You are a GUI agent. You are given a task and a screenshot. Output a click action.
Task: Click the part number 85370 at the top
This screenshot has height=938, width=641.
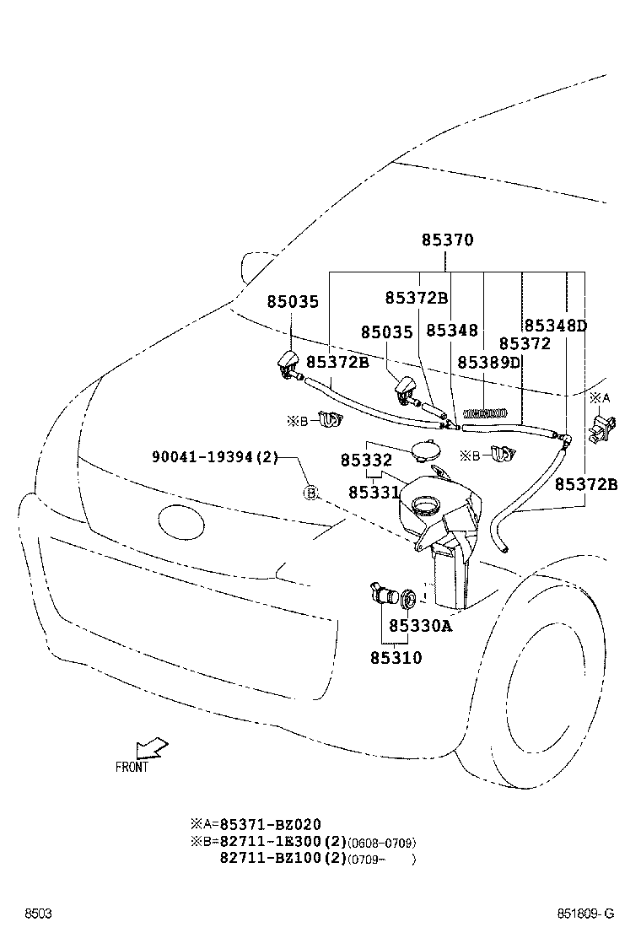[x=448, y=240]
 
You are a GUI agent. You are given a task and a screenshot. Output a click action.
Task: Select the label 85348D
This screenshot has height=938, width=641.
[x=555, y=326]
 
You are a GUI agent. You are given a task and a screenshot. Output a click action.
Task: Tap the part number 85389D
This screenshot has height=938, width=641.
[x=489, y=362]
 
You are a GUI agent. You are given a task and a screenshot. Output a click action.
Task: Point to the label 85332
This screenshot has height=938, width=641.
[x=366, y=461]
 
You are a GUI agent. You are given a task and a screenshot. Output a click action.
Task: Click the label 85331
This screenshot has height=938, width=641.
[x=372, y=490]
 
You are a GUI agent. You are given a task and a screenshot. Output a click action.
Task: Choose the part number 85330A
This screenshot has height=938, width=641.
[x=421, y=627]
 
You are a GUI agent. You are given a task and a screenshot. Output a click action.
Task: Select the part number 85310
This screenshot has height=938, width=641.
[x=395, y=657]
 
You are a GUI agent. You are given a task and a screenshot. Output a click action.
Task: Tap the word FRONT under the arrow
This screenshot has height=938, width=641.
[x=132, y=767]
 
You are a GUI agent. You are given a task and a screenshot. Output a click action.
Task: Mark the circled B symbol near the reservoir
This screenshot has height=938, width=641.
[x=310, y=493]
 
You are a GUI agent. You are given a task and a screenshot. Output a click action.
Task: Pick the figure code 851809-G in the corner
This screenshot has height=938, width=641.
[x=584, y=914]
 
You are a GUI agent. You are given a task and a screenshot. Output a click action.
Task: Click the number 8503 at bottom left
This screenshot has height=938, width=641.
[x=38, y=914]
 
